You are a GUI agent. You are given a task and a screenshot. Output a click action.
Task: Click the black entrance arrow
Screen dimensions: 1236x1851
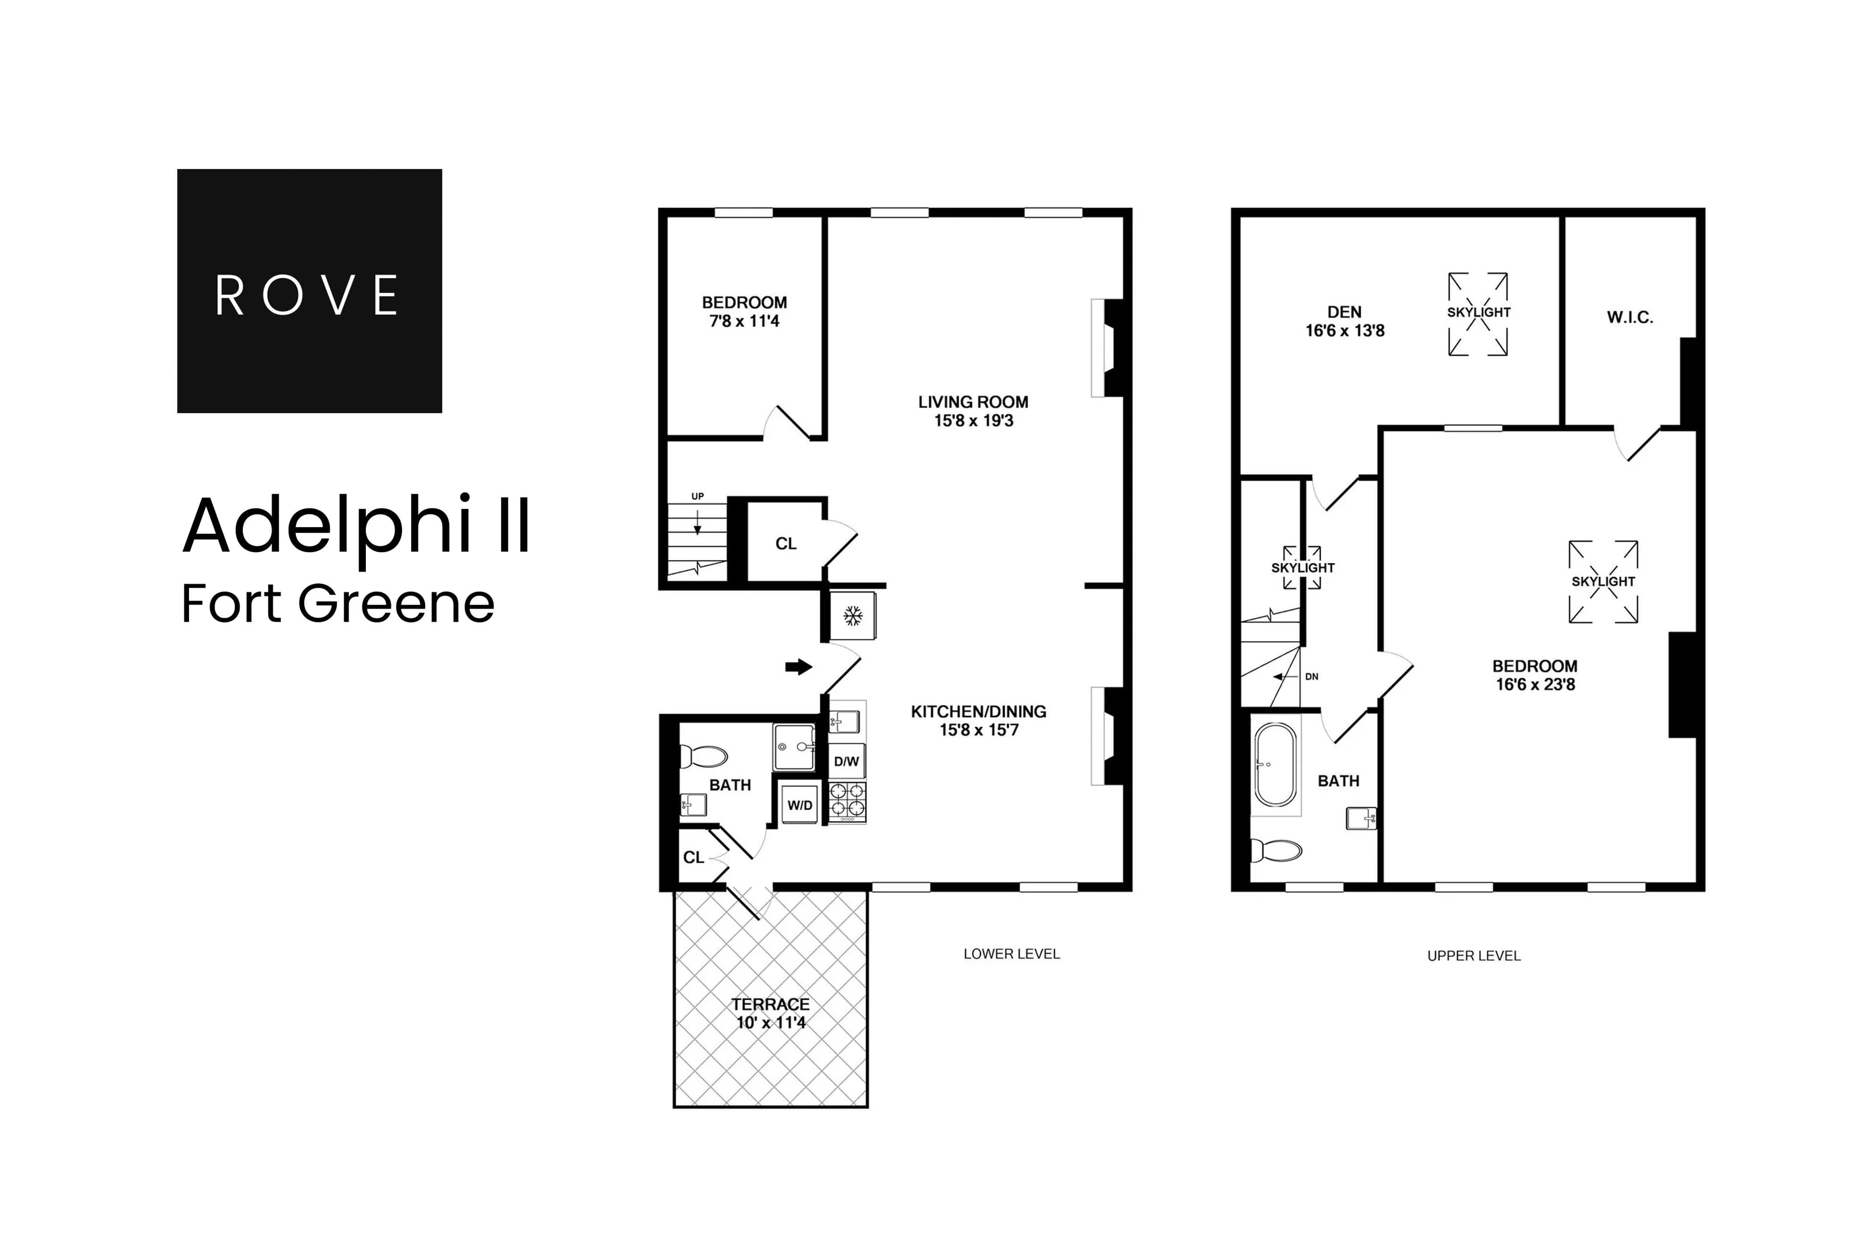[798, 667]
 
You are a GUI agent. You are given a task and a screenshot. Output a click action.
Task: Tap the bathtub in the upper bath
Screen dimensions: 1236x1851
[1274, 765]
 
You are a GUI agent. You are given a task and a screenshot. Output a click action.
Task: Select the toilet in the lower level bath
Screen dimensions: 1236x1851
[703, 757]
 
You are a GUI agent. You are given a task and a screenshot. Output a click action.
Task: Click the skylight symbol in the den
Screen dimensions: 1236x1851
[1478, 313]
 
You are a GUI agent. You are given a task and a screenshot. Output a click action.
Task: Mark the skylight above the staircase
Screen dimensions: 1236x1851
[1302, 568]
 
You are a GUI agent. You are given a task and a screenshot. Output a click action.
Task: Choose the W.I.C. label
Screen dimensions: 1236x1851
[1630, 318]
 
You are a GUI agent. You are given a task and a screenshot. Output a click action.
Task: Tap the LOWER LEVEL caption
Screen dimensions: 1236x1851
[1012, 954]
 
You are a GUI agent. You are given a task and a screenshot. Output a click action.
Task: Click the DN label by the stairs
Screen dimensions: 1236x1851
[1311, 676]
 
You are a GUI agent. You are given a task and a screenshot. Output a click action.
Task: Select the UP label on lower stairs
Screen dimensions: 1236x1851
[697, 497]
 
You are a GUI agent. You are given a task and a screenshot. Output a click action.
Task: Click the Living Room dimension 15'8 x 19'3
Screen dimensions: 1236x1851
[973, 421]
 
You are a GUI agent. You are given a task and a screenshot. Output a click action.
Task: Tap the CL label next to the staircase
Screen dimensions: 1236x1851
[786, 544]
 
